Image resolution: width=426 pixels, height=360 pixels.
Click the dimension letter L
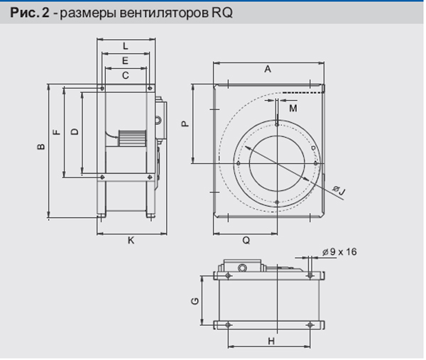point(125,46)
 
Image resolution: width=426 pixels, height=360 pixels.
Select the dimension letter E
point(125,60)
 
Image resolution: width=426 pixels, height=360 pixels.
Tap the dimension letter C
point(125,75)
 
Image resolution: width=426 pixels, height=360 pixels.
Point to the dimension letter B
point(41,147)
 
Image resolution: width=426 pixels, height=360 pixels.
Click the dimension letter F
point(57,132)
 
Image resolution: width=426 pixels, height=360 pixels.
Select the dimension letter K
point(131,241)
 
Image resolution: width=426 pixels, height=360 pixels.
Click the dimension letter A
point(268,70)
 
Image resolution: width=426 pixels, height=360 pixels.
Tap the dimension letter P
point(185,124)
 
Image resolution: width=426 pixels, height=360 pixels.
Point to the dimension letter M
point(293,109)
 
